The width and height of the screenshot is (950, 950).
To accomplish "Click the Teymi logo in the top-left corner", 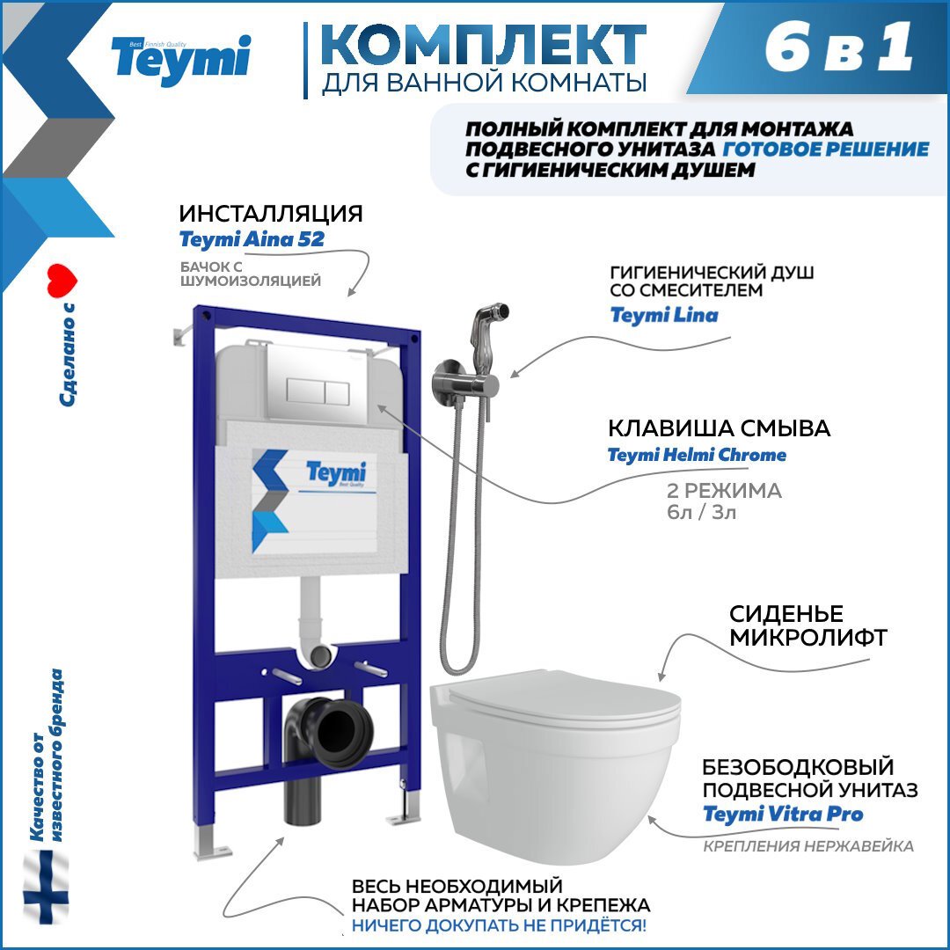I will click(x=180, y=59).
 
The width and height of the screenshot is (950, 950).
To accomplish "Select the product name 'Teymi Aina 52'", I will click(x=252, y=239).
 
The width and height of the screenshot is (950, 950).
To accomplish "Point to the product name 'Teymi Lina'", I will click(x=664, y=315).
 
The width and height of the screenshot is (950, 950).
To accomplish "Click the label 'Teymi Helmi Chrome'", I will click(x=697, y=455).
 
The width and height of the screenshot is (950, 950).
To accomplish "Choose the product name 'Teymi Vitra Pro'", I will click(x=783, y=814).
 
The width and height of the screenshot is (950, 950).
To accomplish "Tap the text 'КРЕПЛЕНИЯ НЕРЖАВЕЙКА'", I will click(x=807, y=846).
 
